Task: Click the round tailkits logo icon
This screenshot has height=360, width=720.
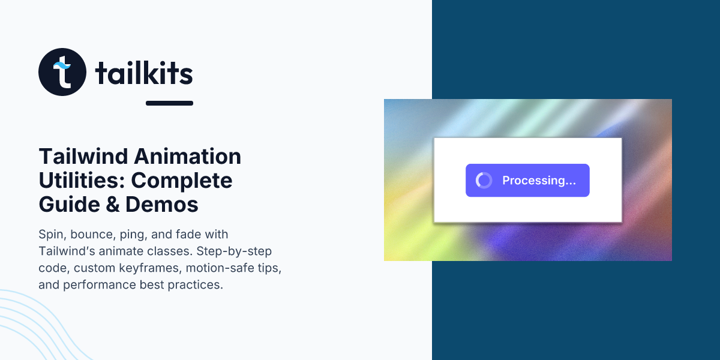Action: tap(62, 72)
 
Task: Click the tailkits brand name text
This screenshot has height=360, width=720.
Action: tap(144, 73)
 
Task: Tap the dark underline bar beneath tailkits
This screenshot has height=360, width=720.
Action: tap(169, 103)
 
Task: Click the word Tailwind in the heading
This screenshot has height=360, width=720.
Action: tap(83, 157)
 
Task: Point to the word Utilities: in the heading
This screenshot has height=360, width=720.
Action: tap(82, 181)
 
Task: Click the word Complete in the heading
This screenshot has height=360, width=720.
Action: tap(182, 181)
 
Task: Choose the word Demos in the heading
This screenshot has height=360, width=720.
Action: tap(161, 205)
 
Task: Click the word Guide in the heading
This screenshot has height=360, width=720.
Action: tap(66, 205)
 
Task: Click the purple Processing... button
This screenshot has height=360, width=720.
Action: tap(527, 181)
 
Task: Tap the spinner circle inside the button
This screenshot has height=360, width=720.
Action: tap(484, 181)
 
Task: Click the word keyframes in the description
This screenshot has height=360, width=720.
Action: tap(146, 268)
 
